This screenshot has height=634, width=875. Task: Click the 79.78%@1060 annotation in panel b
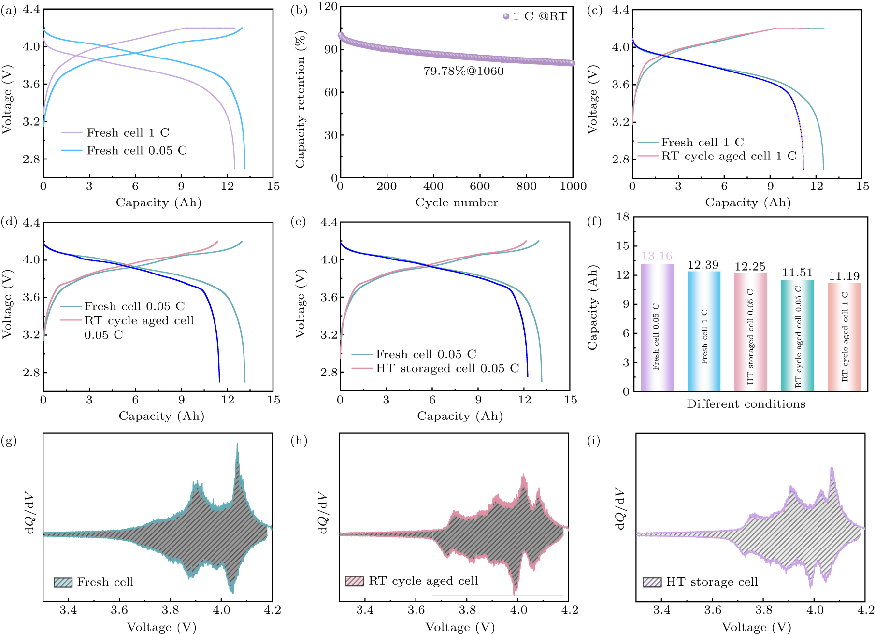pyautogui.click(x=463, y=71)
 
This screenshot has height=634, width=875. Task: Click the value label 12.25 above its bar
pyautogui.click(x=750, y=267)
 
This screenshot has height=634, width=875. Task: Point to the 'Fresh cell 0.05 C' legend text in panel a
pyautogui.click(x=137, y=150)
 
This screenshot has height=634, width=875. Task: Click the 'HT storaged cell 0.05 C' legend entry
pyautogui.click(x=447, y=368)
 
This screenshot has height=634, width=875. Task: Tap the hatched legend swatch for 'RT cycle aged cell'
pyautogui.click(x=355, y=581)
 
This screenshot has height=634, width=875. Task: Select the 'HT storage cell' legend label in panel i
pyautogui.click(x=712, y=582)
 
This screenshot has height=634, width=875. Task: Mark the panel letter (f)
pyautogui.click(x=594, y=221)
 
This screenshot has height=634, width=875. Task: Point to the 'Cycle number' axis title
pyautogui.click(x=457, y=202)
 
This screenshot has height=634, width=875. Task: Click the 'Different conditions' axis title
pyautogui.click(x=746, y=404)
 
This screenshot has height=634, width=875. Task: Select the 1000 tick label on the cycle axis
pyautogui.click(x=573, y=187)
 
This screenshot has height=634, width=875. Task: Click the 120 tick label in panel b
pyautogui.click(x=328, y=6)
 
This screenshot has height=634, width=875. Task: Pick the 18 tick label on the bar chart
pyautogui.click(x=623, y=217)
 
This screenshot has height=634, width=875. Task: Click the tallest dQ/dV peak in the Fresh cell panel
pyautogui.click(x=237, y=445)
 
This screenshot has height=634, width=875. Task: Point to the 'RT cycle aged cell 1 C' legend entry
pyautogui.click(x=729, y=156)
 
